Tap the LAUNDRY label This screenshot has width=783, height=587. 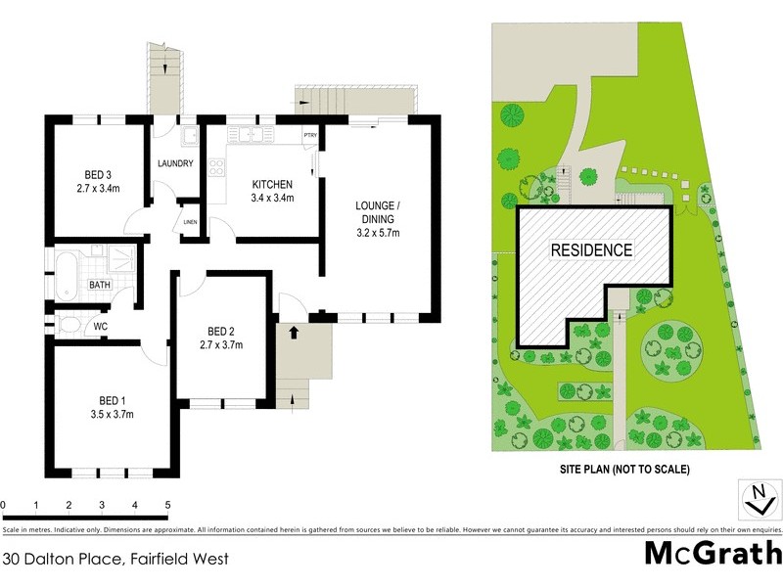pyautogui.click(x=174, y=163)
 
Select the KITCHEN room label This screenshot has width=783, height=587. pyautogui.click(x=273, y=185)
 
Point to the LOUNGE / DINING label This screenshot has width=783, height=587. pyautogui.click(x=377, y=212)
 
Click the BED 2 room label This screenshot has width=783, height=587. pyautogui.click(x=220, y=331)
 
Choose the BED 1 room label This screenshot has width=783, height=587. pyautogui.click(x=112, y=400)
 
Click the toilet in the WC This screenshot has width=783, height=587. pyautogui.click(x=69, y=325)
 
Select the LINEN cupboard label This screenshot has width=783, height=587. pyautogui.click(x=190, y=222)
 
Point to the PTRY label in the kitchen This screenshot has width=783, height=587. pyautogui.click(x=309, y=135)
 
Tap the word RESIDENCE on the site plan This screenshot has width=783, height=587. pyautogui.click(x=591, y=249)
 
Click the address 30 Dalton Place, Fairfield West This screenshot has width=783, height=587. pyautogui.click(x=115, y=561)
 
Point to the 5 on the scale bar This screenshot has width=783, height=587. pyautogui.click(x=168, y=505)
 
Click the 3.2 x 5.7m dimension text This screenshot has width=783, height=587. pyautogui.click(x=377, y=233)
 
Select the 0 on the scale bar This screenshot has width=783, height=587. pyautogui.click(x=4, y=505)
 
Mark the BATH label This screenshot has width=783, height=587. pyautogui.click(x=100, y=285)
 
